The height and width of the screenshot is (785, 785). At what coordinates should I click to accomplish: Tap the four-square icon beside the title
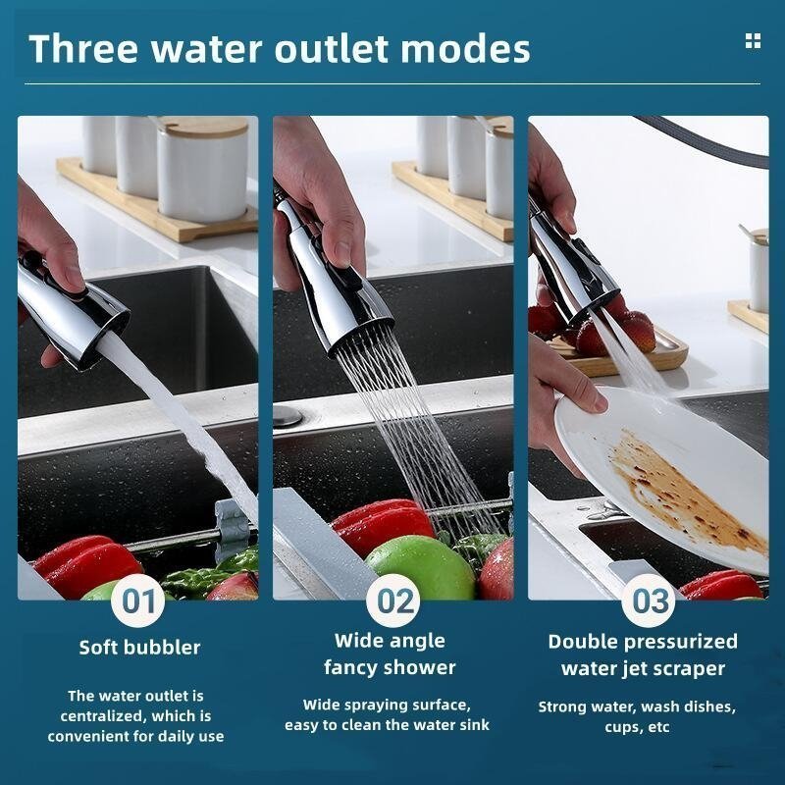coord(753,40)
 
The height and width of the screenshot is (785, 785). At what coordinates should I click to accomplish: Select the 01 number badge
coord(138,601)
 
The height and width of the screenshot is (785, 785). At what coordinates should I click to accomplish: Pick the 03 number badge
coord(650,601)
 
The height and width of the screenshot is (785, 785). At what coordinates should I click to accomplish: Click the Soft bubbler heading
coord(139,648)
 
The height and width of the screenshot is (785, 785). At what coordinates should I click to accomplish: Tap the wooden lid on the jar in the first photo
coord(204,127)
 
